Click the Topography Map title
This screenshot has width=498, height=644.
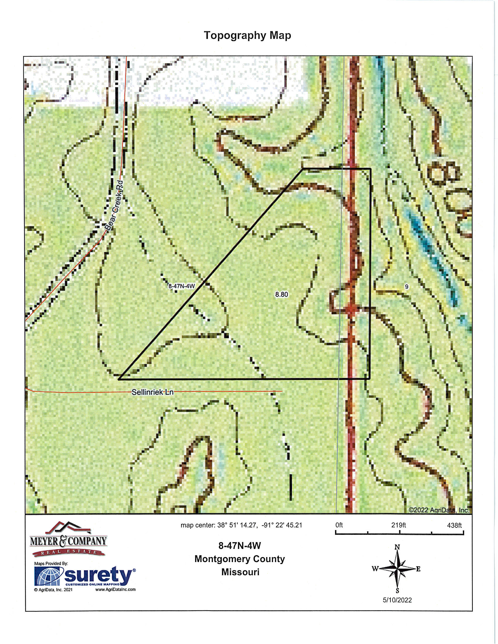pos(247,35)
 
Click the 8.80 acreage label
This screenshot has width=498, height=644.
pos(282,294)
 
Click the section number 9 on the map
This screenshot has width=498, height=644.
pos(407,286)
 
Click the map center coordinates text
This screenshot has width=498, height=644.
pos(241,525)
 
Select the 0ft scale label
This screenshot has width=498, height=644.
pos(339,525)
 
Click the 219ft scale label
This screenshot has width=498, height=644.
pos(399,525)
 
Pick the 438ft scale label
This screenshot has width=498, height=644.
pos(454,525)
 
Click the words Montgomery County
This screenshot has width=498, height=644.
pos(240,559)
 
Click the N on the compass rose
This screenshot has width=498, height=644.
pos(398,547)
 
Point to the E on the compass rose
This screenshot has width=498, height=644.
pos(418,569)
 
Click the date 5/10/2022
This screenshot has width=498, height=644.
pos(397,600)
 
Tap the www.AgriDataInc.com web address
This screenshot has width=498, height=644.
pos(115,590)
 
